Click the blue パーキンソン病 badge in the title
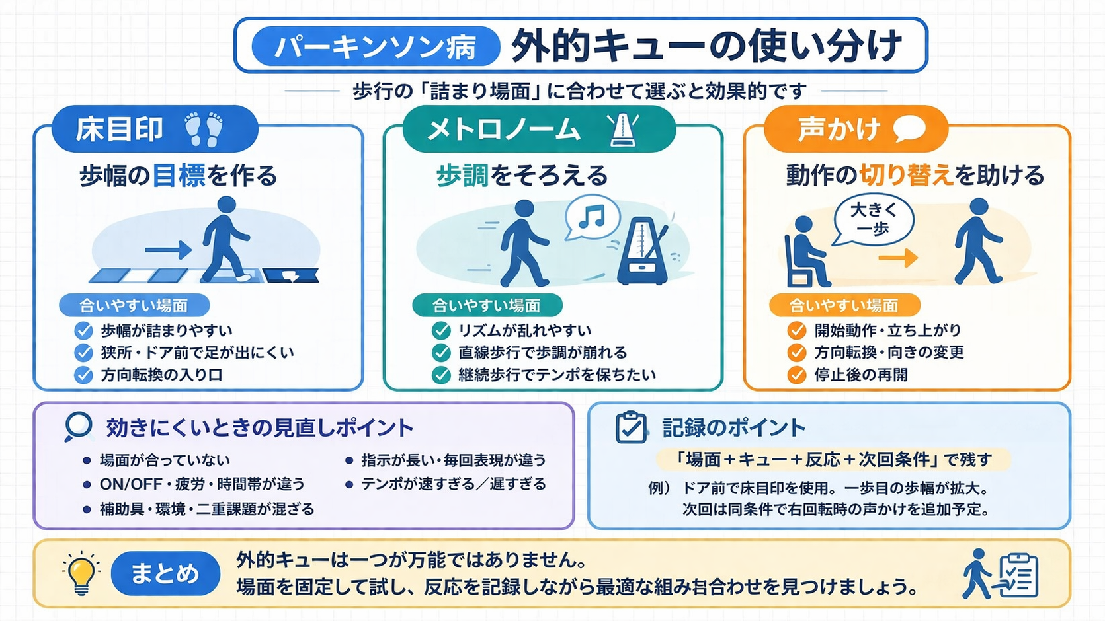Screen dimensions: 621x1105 [375, 46]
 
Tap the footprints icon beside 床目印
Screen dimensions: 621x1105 [204, 129]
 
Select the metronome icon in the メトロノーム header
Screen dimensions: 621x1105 [623, 129]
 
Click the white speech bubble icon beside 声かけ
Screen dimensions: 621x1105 [909, 129]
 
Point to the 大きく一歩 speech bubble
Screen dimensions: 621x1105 [873, 220]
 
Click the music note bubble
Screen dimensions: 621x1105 [592, 217]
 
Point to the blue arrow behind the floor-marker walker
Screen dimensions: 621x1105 [168, 250]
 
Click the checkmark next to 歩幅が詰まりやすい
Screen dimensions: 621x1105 [84, 330]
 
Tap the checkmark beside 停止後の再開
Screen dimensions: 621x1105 [797, 375]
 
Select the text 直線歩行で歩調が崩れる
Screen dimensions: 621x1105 [542, 353]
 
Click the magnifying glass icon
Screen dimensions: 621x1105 [79, 427]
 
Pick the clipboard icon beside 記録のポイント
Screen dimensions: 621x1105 [631, 427]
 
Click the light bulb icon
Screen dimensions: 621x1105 [81, 573]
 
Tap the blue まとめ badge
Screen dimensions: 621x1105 [165, 573]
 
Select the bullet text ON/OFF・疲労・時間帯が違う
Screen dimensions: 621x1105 [202, 484]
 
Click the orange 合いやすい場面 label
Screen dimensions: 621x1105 [844, 305]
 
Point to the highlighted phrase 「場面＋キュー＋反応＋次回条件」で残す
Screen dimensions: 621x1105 [833, 459]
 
